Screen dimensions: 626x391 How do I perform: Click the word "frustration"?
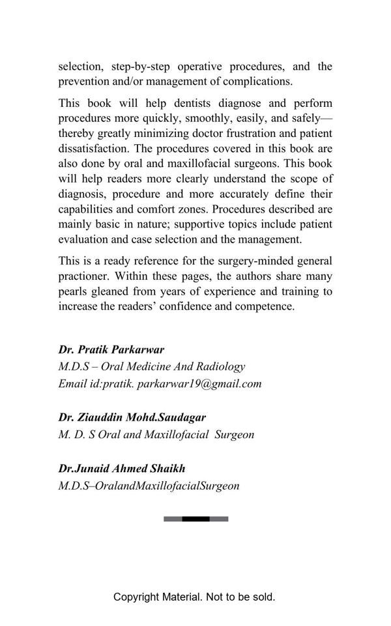(x=243, y=134)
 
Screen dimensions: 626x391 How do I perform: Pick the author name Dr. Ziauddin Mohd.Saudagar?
(x=132, y=417)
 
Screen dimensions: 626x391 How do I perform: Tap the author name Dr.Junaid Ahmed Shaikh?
(x=122, y=468)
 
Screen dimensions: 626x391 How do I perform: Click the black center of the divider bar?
(x=195, y=519)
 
